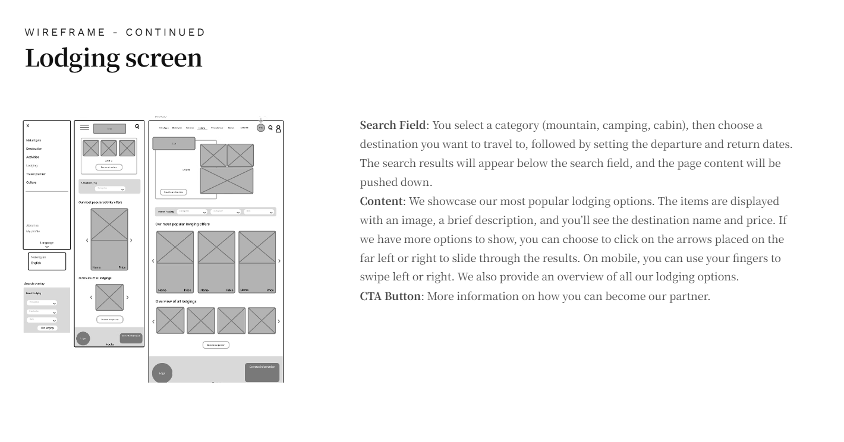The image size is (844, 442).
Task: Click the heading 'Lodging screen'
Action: (114, 58)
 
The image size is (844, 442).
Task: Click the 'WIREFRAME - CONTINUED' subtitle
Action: (115, 32)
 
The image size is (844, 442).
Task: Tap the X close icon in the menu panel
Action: (27, 126)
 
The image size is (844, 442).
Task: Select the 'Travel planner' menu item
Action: (36, 174)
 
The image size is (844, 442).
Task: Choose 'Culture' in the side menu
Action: (32, 182)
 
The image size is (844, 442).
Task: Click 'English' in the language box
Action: (36, 263)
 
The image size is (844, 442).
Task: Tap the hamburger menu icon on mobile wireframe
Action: (84, 127)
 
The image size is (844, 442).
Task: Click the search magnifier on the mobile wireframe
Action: (137, 126)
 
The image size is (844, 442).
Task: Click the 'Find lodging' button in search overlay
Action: (47, 328)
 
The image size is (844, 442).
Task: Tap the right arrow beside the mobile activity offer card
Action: (131, 241)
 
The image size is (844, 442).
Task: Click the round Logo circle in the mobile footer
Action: (83, 339)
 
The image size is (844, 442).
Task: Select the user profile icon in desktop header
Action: (278, 128)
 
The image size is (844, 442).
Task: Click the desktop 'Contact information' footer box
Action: (262, 372)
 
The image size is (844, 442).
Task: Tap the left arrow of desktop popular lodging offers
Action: (153, 261)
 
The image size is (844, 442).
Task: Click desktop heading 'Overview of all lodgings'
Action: (176, 301)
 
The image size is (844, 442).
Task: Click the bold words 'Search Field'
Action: (393, 125)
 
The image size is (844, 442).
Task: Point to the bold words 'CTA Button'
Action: (390, 296)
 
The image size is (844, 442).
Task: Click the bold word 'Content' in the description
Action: (381, 201)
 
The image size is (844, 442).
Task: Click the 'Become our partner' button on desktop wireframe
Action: (216, 345)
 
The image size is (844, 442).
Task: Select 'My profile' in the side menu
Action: (33, 231)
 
